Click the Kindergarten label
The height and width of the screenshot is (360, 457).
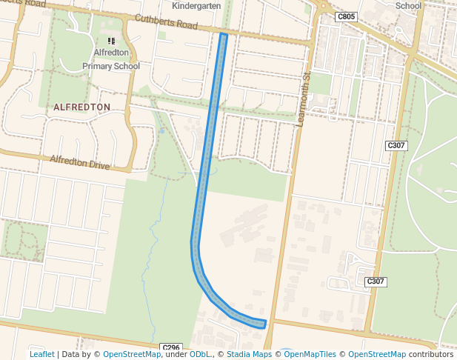click(x=196, y=6)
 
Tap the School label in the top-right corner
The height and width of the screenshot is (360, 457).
click(x=408, y=6)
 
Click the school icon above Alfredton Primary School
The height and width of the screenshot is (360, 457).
click(x=111, y=41)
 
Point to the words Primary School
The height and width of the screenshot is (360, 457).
click(x=111, y=66)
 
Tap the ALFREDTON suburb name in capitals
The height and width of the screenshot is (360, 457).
click(x=81, y=107)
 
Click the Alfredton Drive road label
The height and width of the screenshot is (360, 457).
click(x=79, y=161)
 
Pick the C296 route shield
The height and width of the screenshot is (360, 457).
click(x=171, y=347)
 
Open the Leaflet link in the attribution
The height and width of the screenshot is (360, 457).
click(x=41, y=355)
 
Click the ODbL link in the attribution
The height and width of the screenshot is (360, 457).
click(x=199, y=355)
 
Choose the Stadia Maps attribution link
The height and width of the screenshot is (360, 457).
click(x=249, y=355)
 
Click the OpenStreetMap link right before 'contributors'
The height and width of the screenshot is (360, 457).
click(x=377, y=355)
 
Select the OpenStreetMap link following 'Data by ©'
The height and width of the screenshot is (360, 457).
click(x=132, y=355)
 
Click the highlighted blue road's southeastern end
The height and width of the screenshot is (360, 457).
click(x=263, y=323)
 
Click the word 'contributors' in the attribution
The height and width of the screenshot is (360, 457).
click(x=430, y=355)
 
